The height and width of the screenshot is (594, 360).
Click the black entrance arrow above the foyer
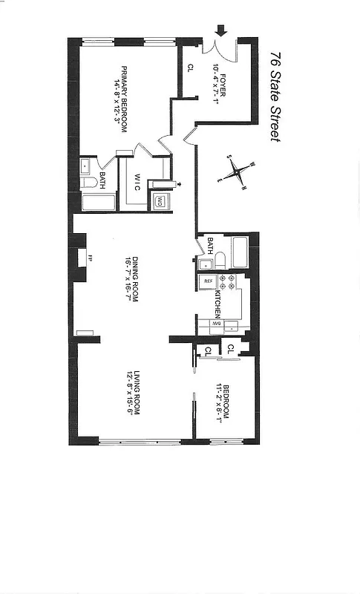click(220, 31)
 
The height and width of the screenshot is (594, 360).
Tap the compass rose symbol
click(238, 172)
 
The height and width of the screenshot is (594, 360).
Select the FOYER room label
click(223, 74)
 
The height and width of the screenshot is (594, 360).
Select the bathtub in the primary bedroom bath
click(98, 202)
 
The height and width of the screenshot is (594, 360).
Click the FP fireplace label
click(90, 258)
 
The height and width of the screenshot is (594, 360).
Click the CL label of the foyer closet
click(190, 68)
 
